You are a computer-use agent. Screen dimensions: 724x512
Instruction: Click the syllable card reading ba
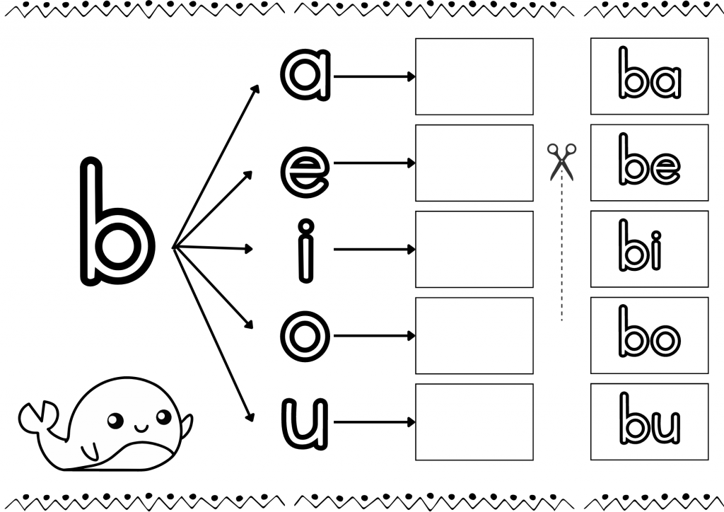[x=649, y=76]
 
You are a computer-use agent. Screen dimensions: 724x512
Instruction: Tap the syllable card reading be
[x=649, y=163]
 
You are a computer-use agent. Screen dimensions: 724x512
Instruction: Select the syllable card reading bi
[x=649, y=249]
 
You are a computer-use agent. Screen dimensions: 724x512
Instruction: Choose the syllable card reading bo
[x=649, y=335]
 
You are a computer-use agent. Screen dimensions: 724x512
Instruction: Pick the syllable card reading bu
[x=649, y=421]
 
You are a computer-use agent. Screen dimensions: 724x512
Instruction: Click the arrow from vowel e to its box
[x=375, y=163]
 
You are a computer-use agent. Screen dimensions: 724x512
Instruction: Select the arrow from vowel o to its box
[x=375, y=336]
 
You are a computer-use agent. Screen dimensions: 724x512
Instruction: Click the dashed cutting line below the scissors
[x=561, y=250]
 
